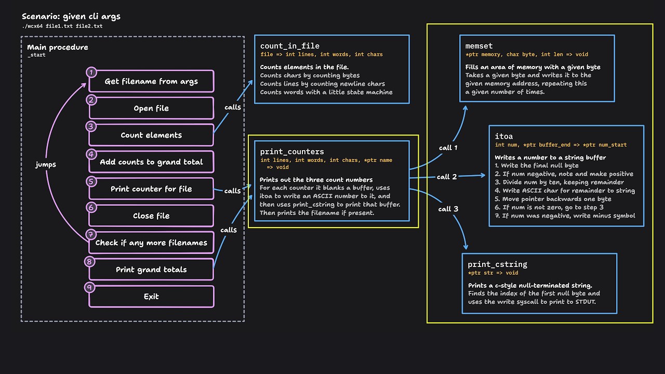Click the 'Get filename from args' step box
click(151, 81)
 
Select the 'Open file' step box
click(151, 108)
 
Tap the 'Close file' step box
click(151, 216)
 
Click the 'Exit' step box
click(151, 296)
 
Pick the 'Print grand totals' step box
click(151, 269)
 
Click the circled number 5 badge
click(91, 181)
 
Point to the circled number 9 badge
click(90, 287)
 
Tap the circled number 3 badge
click(91, 126)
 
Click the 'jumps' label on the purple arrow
click(46, 164)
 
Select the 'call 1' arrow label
click(448, 148)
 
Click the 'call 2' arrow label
click(446, 177)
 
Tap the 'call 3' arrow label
click(448, 209)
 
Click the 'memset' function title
click(479, 46)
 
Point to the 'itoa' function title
click(504, 136)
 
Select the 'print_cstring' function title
click(498, 264)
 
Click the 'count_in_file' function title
click(290, 46)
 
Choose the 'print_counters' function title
click(292, 152)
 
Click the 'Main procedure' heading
click(58, 47)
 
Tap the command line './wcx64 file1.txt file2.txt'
click(62, 26)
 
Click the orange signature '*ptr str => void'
click(493, 273)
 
